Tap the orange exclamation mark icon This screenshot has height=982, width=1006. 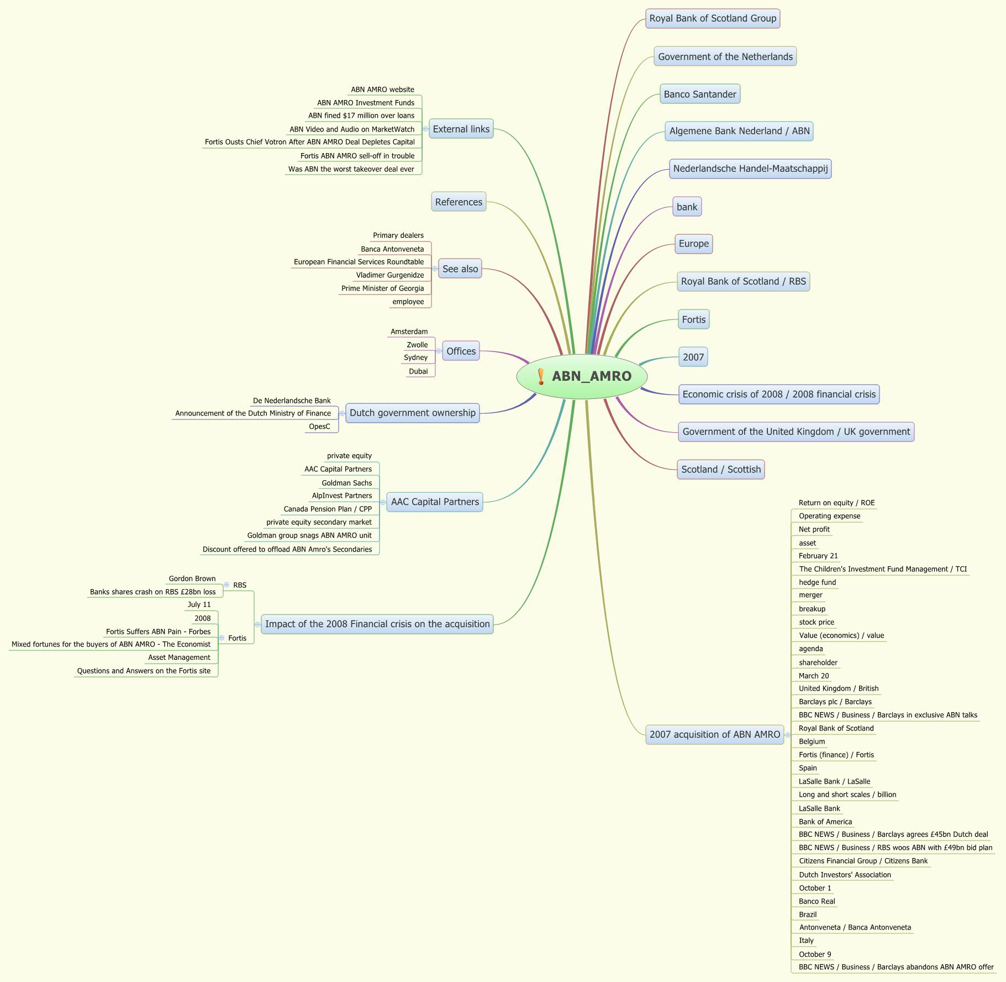(x=541, y=376)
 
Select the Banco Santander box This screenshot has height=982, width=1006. (x=699, y=94)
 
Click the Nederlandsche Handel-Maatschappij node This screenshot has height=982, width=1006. (x=750, y=169)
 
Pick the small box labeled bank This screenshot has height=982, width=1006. (x=687, y=207)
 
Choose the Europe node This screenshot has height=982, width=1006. (x=693, y=244)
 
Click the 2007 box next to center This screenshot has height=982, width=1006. (x=693, y=357)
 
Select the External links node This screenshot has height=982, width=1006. (x=461, y=129)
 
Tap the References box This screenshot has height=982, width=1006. (x=459, y=202)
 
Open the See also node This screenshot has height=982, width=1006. (x=460, y=269)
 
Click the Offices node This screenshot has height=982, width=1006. (x=461, y=351)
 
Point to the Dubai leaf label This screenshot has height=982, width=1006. (x=418, y=371)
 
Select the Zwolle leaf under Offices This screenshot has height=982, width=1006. (x=417, y=345)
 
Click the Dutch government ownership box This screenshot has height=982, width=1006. (x=412, y=413)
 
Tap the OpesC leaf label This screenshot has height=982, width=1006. (x=319, y=427)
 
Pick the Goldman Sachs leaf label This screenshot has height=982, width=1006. (x=346, y=483)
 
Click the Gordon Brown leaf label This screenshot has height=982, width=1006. (x=192, y=579)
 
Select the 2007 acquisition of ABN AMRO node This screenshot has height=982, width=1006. (x=714, y=734)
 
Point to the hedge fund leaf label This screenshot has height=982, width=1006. (x=817, y=582)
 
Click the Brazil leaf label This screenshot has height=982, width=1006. (x=807, y=915)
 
